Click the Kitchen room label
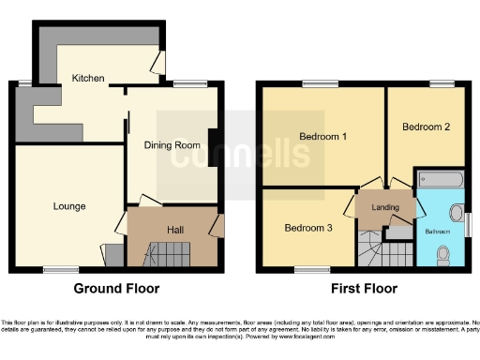tap(88, 79)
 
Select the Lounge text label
tap(69, 206)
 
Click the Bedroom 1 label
tap(322, 137)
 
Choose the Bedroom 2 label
tap(427, 127)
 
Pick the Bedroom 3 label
tap(307, 228)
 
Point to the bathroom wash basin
tap(457, 211)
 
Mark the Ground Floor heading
tap(116, 289)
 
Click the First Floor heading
tap(361, 289)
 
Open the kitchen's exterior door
tap(158, 61)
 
